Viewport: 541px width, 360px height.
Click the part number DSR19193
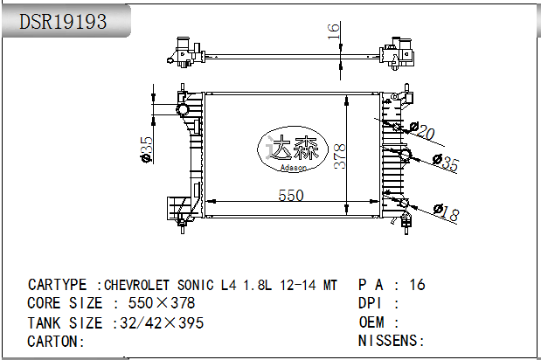pyautogui.click(x=64, y=22)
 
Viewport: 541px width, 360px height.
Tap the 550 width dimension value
pyautogui.click(x=290, y=196)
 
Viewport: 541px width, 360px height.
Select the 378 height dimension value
pyautogui.click(x=343, y=155)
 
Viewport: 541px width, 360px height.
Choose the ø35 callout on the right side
pyautogui.click(x=446, y=163)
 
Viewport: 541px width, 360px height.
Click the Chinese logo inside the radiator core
pyautogui.click(x=292, y=148)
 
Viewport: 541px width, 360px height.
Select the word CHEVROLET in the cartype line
pyautogui.click(x=139, y=285)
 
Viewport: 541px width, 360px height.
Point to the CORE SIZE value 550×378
pyautogui.click(x=162, y=303)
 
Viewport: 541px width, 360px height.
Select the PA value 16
pyautogui.click(x=417, y=285)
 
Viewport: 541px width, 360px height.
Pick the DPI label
pyautogui.click(x=371, y=303)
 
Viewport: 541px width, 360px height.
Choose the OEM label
pyautogui.click(x=371, y=322)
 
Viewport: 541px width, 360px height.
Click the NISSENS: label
pyautogui.click(x=391, y=341)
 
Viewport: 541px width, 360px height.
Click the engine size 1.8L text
pyautogui.click(x=258, y=285)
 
